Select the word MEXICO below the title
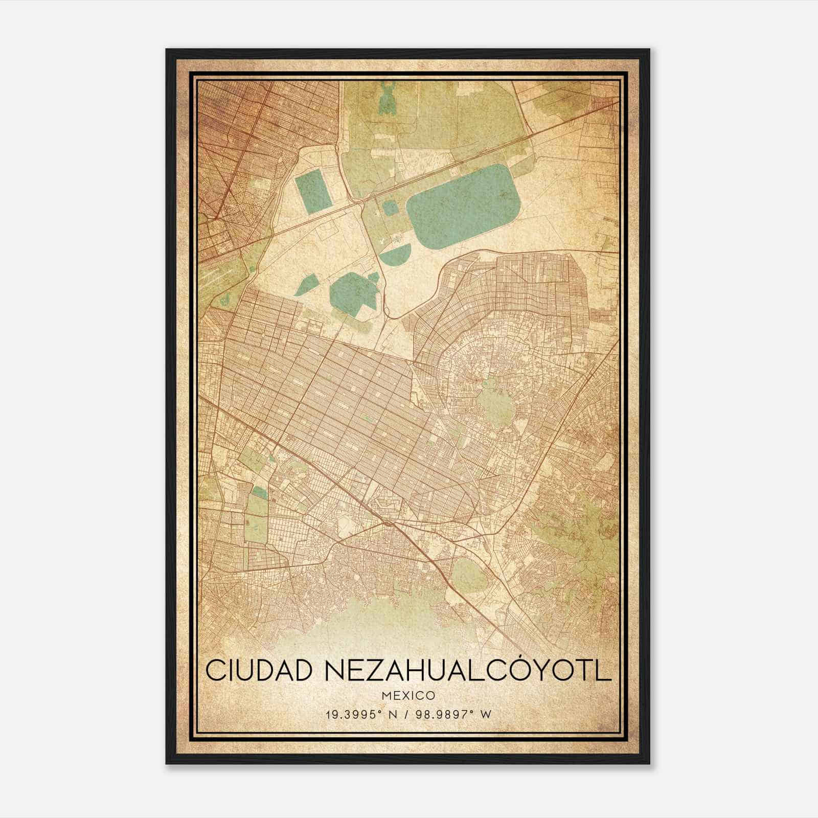click(x=408, y=696)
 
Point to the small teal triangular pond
click(x=306, y=284)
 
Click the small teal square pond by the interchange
click(x=390, y=207)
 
